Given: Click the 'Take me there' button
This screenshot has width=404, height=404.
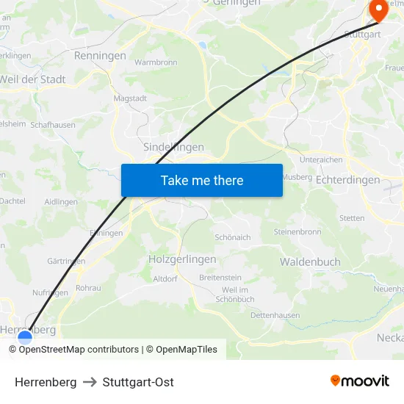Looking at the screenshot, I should pyautogui.click(x=202, y=180).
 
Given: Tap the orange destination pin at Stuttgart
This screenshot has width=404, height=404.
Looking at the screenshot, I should pyautogui.click(x=378, y=10).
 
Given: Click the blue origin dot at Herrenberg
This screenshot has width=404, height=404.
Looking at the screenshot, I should pyautogui.click(x=25, y=338).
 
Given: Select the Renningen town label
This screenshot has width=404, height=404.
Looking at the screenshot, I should pyautogui.click(x=100, y=55).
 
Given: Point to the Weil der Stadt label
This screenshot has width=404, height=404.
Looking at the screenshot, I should pyautogui.click(x=33, y=79).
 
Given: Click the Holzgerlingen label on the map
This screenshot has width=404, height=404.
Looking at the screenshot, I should pyautogui.click(x=182, y=259).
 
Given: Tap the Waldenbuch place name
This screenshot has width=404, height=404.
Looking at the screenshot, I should pyautogui.click(x=309, y=261).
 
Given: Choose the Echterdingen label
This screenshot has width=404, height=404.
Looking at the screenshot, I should pyautogui.click(x=347, y=180).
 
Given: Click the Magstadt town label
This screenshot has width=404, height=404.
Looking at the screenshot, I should pyautogui.click(x=131, y=98).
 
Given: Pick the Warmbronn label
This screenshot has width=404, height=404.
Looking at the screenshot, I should pyautogui.click(x=156, y=62).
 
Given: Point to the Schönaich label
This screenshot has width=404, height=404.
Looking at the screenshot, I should pyautogui.click(x=233, y=237).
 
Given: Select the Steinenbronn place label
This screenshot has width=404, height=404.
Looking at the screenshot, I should pyautogui.click(x=297, y=231).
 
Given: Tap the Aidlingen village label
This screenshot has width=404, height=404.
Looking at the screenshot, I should pyautogui.click(x=61, y=201).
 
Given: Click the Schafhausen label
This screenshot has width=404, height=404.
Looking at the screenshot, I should pyautogui.click(x=53, y=125).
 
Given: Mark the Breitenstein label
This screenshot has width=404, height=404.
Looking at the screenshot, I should pyautogui.click(x=220, y=277).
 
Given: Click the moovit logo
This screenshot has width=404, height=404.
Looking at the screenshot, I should pyautogui.click(x=360, y=381).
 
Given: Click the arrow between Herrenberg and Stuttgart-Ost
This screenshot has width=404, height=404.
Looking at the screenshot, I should pyautogui.click(x=90, y=382).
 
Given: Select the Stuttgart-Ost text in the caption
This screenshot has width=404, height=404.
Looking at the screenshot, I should pyautogui.click(x=138, y=382).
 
